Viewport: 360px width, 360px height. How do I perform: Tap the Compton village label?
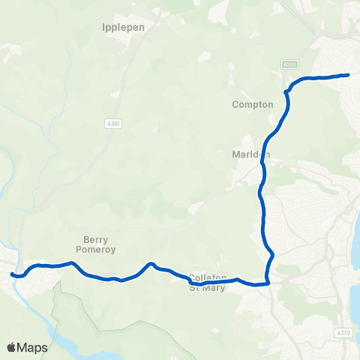253,104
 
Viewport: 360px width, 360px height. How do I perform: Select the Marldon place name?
250,155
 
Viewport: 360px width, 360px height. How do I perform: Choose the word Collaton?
208,277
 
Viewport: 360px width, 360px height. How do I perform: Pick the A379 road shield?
343,332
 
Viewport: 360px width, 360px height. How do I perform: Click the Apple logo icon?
11,347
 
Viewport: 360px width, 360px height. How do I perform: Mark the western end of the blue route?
12,274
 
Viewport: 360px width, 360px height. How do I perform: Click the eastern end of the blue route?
348,74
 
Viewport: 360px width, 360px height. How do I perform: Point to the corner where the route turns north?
267,283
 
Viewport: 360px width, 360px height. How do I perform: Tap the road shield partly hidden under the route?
109,278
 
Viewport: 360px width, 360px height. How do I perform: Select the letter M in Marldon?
236,155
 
